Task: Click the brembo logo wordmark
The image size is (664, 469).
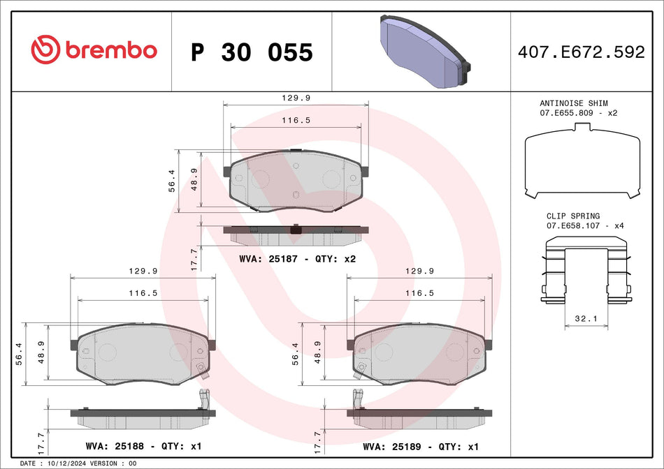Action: click(x=110, y=50)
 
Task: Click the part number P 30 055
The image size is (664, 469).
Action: click(x=252, y=52)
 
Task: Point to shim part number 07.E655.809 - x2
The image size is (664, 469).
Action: click(x=578, y=112)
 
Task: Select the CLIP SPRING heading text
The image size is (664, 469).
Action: click(x=572, y=216)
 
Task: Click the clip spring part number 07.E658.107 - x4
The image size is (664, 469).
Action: click(x=578, y=226)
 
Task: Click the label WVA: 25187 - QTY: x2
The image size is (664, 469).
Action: click(x=298, y=259)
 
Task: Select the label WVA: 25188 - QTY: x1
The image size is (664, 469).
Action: click(x=143, y=445)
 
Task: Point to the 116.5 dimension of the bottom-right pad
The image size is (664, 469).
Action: click(x=420, y=294)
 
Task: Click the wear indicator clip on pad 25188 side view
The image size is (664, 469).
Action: click(x=205, y=400)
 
